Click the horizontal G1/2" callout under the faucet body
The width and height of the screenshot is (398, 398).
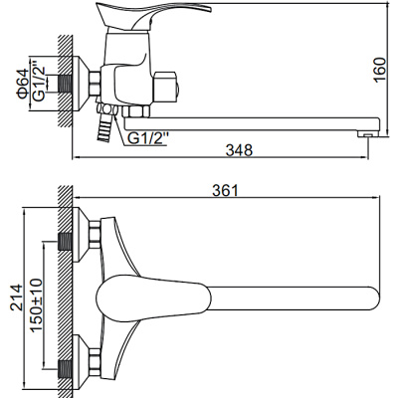point(146,137)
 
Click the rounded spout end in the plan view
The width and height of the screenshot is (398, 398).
point(367,296)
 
